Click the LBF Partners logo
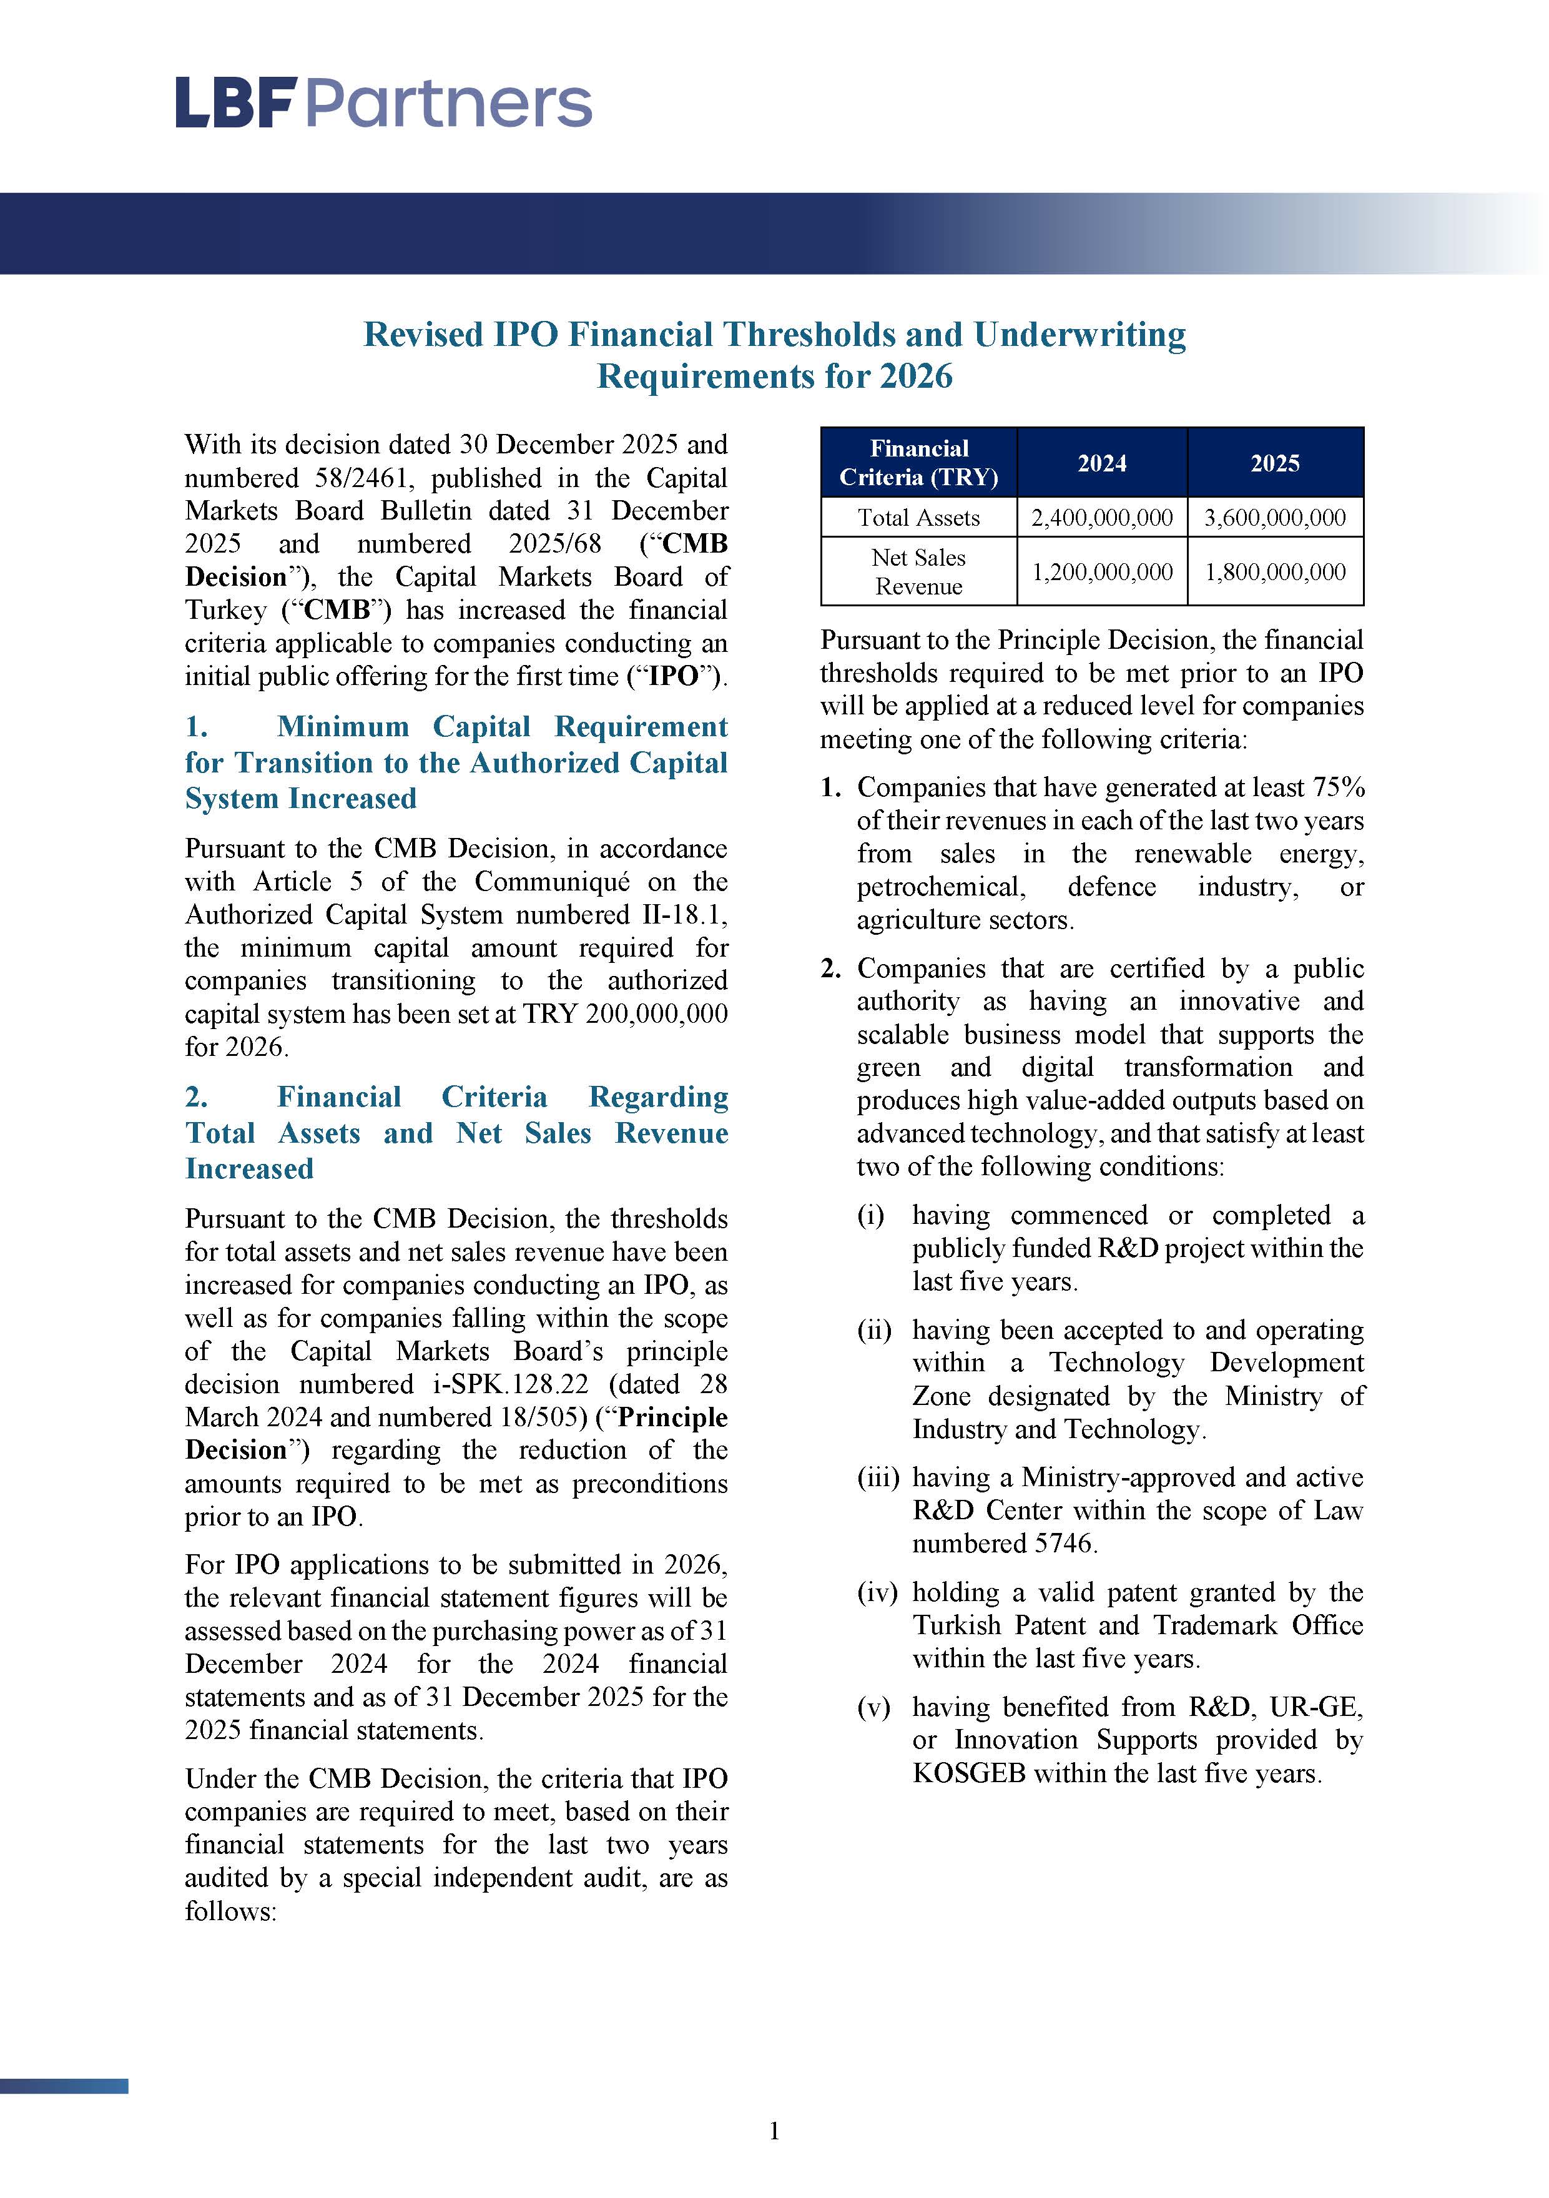click(x=383, y=104)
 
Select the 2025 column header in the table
click(x=1274, y=463)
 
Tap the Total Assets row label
click(x=918, y=518)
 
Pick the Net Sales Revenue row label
click(x=918, y=571)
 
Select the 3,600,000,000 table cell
click(x=1274, y=518)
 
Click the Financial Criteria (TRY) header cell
click(x=918, y=463)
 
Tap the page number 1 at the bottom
click(x=774, y=2131)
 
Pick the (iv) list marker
click(x=877, y=1592)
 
